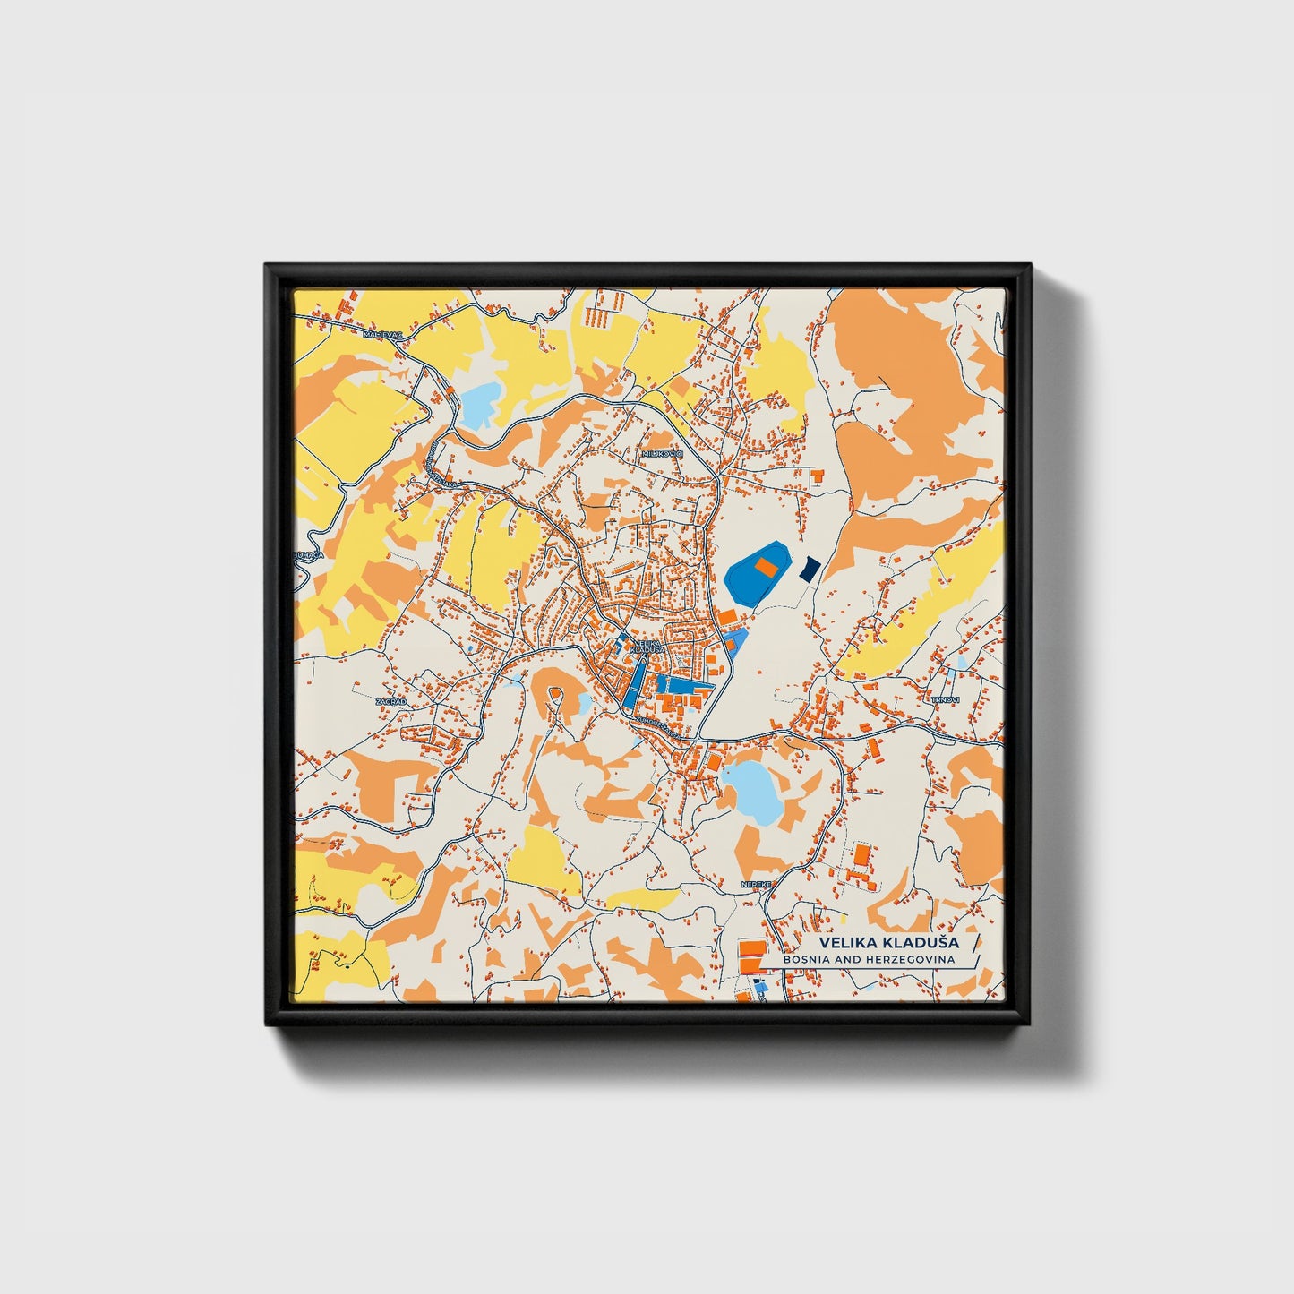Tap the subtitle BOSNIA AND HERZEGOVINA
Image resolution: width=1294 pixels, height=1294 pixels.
click(x=868, y=960)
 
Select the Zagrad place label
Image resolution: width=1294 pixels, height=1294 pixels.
click(x=390, y=702)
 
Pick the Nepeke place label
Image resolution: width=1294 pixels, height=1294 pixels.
click(x=755, y=885)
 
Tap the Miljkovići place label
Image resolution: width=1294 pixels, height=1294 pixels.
click(x=662, y=454)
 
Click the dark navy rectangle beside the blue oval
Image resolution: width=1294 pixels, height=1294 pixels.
click(x=810, y=568)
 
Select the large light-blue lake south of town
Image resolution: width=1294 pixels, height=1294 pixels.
click(x=751, y=792)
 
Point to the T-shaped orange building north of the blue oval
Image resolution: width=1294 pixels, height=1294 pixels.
click(x=817, y=476)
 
